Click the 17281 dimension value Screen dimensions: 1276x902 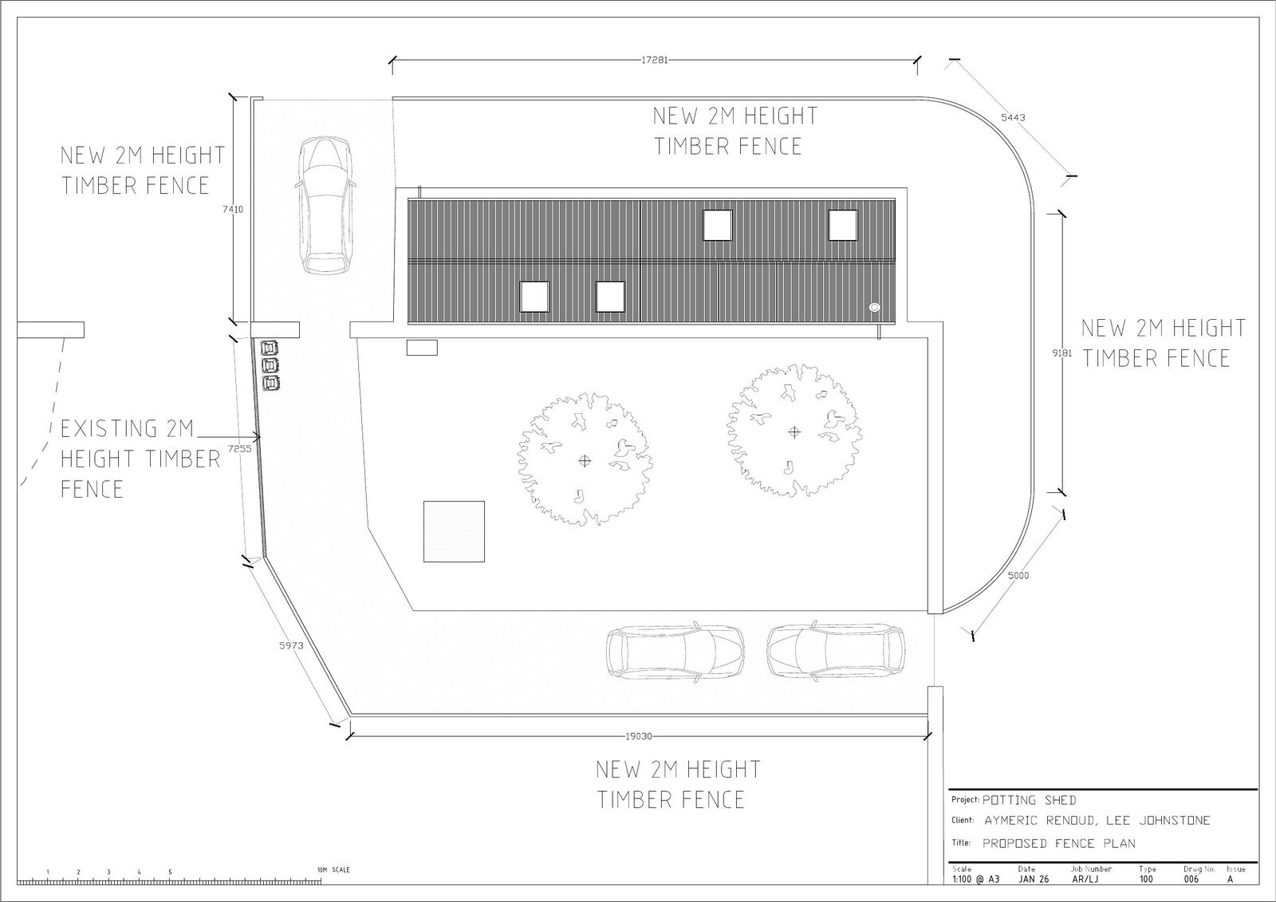click(x=655, y=60)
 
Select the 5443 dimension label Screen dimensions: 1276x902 click(x=1013, y=117)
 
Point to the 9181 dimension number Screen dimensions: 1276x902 click(x=1061, y=353)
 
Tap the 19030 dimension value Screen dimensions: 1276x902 click(x=639, y=736)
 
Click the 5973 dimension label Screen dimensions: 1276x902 click(x=291, y=645)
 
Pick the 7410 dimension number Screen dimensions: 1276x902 click(x=232, y=209)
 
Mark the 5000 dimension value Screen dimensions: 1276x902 click(x=1018, y=576)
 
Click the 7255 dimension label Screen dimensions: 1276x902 click(x=240, y=448)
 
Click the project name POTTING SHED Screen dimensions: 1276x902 click(x=1030, y=800)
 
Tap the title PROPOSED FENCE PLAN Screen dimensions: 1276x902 click(x=1059, y=843)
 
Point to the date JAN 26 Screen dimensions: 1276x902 click(x=1034, y=879)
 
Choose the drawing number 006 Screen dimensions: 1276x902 click(x=1191, y=879)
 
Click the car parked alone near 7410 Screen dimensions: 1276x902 click(x=325, y=206)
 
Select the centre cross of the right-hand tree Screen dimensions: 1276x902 click(x=794, y=432)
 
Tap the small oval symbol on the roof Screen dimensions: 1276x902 click(x=874, y=307)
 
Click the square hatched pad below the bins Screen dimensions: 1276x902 click(x=454, y=532)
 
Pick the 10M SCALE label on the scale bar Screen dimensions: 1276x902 click(x=334, y=870)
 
